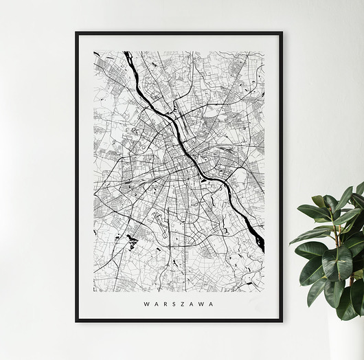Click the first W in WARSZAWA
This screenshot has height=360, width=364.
coord(146,304)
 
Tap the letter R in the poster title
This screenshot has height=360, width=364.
coord(166,304)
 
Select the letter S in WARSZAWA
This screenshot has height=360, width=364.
coord(174,304)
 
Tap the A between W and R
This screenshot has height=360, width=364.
coord(157,304)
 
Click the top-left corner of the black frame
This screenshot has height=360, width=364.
coord(76,32)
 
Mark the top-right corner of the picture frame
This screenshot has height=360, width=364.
coord(282,32)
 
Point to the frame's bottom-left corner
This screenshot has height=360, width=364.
coord(76,320)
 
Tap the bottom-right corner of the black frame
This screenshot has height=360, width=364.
coord(282,320)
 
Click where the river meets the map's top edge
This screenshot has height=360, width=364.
coord(126,53)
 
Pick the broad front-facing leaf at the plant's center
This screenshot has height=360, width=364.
coord(336,264)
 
